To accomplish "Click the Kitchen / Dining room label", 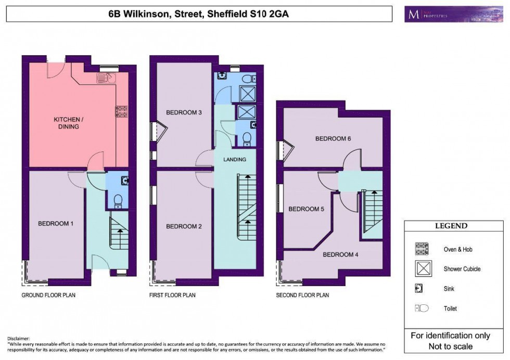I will pos(66,123).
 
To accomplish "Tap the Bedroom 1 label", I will pos(55,224).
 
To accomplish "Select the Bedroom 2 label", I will pos(184,226).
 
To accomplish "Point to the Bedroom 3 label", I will pos(184,112).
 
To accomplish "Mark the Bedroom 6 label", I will pos(333,139).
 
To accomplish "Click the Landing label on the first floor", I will pos(235,159).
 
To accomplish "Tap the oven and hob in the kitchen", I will pos(122,111).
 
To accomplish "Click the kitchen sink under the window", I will pos(105,78).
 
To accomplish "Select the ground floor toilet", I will pos(118,200).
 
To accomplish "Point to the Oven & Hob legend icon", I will pos(421,249).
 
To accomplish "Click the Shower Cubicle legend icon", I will pos(421,269).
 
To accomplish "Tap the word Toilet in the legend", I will pos(451,308).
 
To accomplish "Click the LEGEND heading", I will pos(451,226).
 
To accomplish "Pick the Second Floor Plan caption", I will pos(302,295).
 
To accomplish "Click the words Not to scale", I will pos(451,346).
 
